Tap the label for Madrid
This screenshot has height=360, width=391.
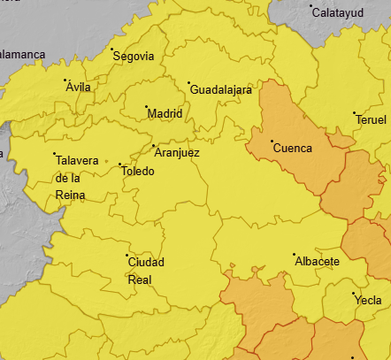(165, 114)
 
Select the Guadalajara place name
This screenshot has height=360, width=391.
(222, 90)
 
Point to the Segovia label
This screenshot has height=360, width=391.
(134, 57)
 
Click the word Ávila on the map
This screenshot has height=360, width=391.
(79, 87)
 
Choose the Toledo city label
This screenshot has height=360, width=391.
(138, 172)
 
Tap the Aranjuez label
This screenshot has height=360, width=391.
(177, 153)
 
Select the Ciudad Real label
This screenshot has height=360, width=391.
(146, 271)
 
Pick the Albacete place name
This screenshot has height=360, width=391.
(317, 263)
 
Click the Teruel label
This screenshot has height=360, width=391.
(372, 120)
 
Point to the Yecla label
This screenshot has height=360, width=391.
(368, 300)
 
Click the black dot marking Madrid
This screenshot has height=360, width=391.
(146, 107)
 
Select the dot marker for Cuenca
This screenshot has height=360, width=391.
(272, 142)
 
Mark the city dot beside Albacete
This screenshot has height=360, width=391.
(295, 255)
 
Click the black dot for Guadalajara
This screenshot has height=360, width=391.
(189, 83)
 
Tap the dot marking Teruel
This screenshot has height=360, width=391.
(355, 113)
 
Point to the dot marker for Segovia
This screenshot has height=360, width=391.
(112, 50)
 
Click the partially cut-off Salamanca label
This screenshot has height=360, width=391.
(21, 54)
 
